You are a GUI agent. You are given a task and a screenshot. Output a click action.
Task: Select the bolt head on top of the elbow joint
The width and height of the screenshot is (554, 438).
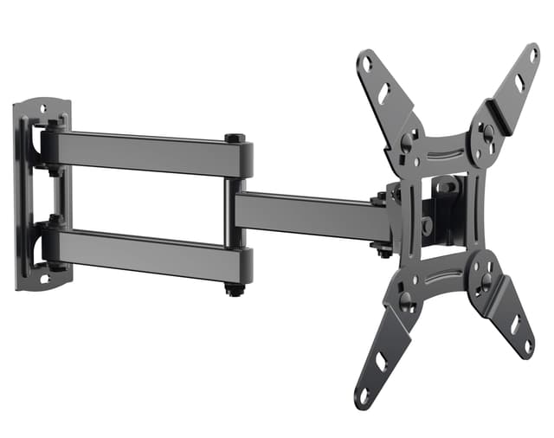[234, 138]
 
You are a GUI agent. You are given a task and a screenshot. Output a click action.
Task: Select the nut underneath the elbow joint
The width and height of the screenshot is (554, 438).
[235, 289]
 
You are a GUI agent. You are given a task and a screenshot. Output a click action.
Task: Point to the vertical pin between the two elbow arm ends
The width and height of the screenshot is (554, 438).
[229, 212]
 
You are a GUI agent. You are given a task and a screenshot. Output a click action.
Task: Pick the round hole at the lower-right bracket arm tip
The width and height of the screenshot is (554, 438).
[528, 345]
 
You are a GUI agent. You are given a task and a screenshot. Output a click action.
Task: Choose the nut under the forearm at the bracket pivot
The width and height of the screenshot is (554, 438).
[382, 252]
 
